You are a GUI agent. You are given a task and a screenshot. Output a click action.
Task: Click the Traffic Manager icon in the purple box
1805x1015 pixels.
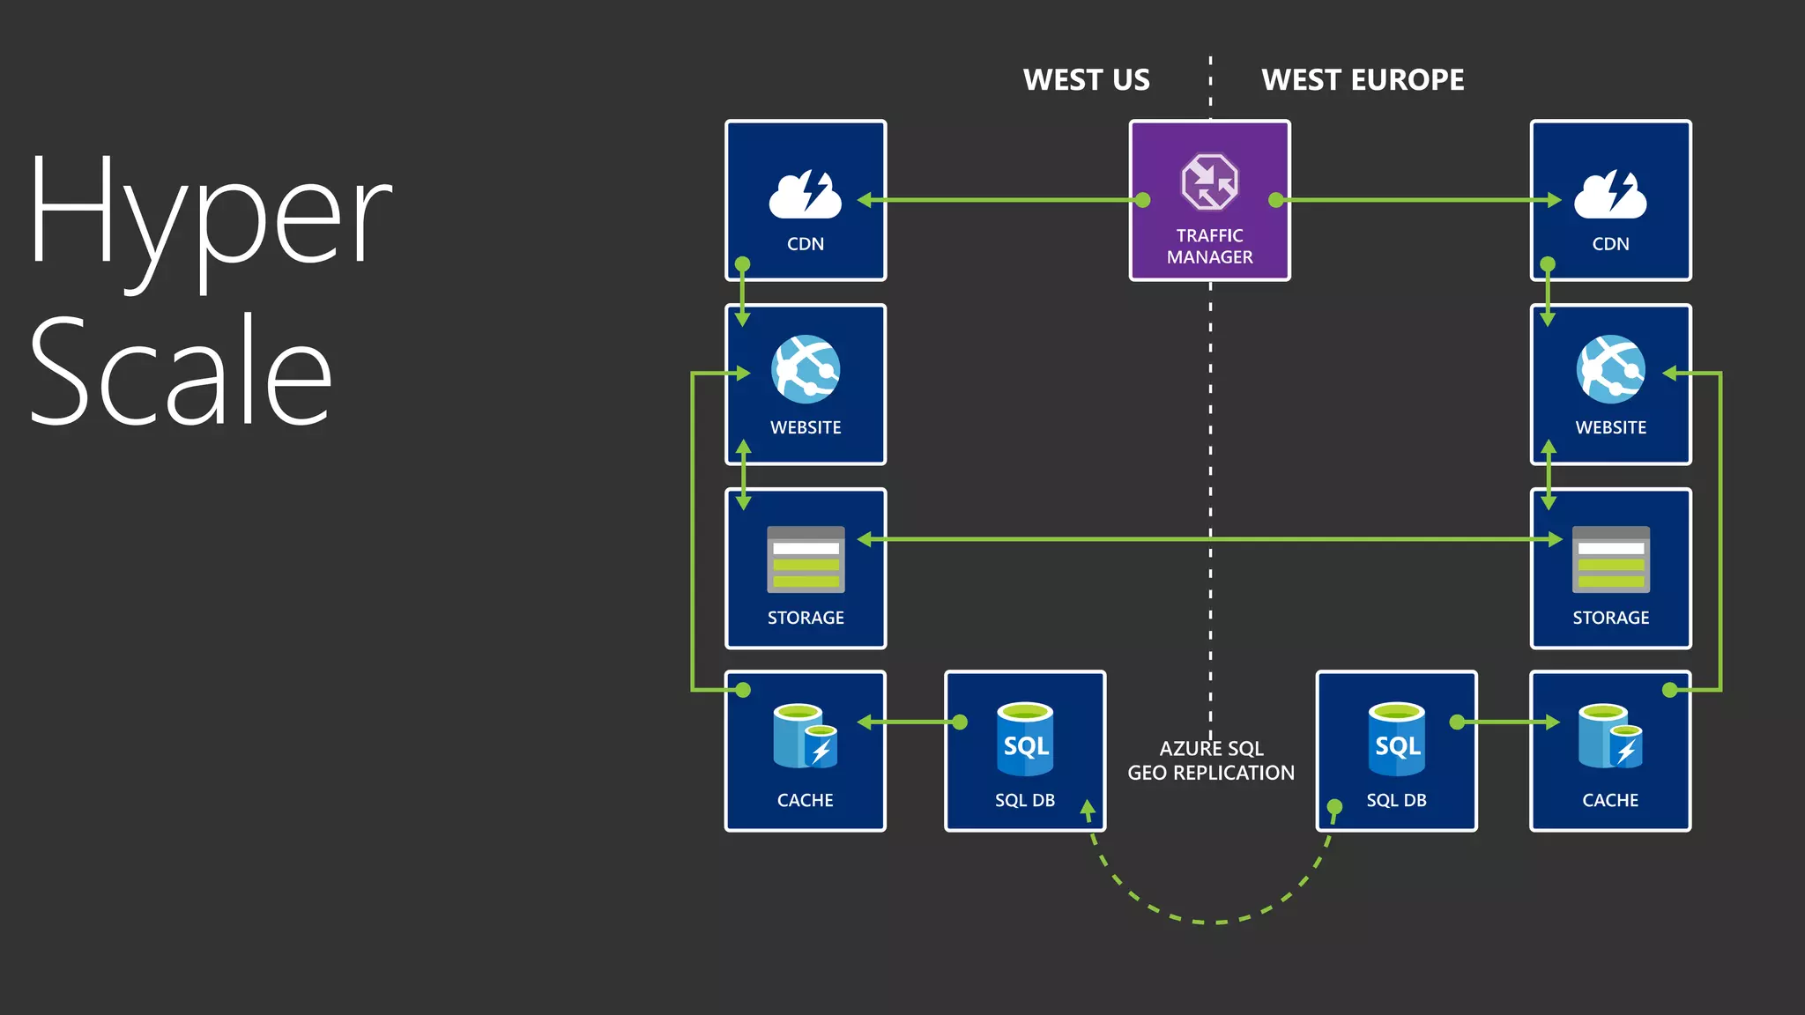(1209, 182)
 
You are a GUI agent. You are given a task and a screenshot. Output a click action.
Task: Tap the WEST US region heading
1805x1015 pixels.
(1086, 80)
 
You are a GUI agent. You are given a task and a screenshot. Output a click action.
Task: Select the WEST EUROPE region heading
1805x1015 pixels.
(1363, 80)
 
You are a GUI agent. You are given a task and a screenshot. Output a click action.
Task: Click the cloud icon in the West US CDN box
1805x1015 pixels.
(805, 195)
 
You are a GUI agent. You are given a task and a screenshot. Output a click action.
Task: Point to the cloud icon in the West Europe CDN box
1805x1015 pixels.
(1610, 195)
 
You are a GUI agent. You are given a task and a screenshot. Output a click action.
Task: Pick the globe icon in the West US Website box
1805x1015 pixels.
(806, 368)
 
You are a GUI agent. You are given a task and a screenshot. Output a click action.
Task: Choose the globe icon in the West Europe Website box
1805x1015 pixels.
(1610, 368)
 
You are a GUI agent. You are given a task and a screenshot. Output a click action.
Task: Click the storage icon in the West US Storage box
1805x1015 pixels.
(806, 559)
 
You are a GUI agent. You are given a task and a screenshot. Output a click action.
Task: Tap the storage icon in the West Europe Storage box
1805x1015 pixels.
(1610, 559)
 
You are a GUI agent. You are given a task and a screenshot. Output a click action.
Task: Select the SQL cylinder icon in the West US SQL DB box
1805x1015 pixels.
(1025, 739)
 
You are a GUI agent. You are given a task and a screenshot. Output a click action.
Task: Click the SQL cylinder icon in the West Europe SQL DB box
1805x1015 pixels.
(1397, 739)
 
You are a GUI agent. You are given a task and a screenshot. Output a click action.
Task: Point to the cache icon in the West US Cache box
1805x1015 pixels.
(805, 737)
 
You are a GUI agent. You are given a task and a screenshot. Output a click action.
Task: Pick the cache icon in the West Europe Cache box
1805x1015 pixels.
(1610, 737)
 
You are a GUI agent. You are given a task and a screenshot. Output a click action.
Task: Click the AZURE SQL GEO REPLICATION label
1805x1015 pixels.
(1211, 760)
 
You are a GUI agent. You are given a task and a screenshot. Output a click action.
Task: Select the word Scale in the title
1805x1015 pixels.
(181, 370)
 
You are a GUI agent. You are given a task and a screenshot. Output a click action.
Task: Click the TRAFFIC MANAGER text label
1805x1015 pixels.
(1209, 247)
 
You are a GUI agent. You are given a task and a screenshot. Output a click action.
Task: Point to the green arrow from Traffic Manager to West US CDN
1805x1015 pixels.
(1005, 200)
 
